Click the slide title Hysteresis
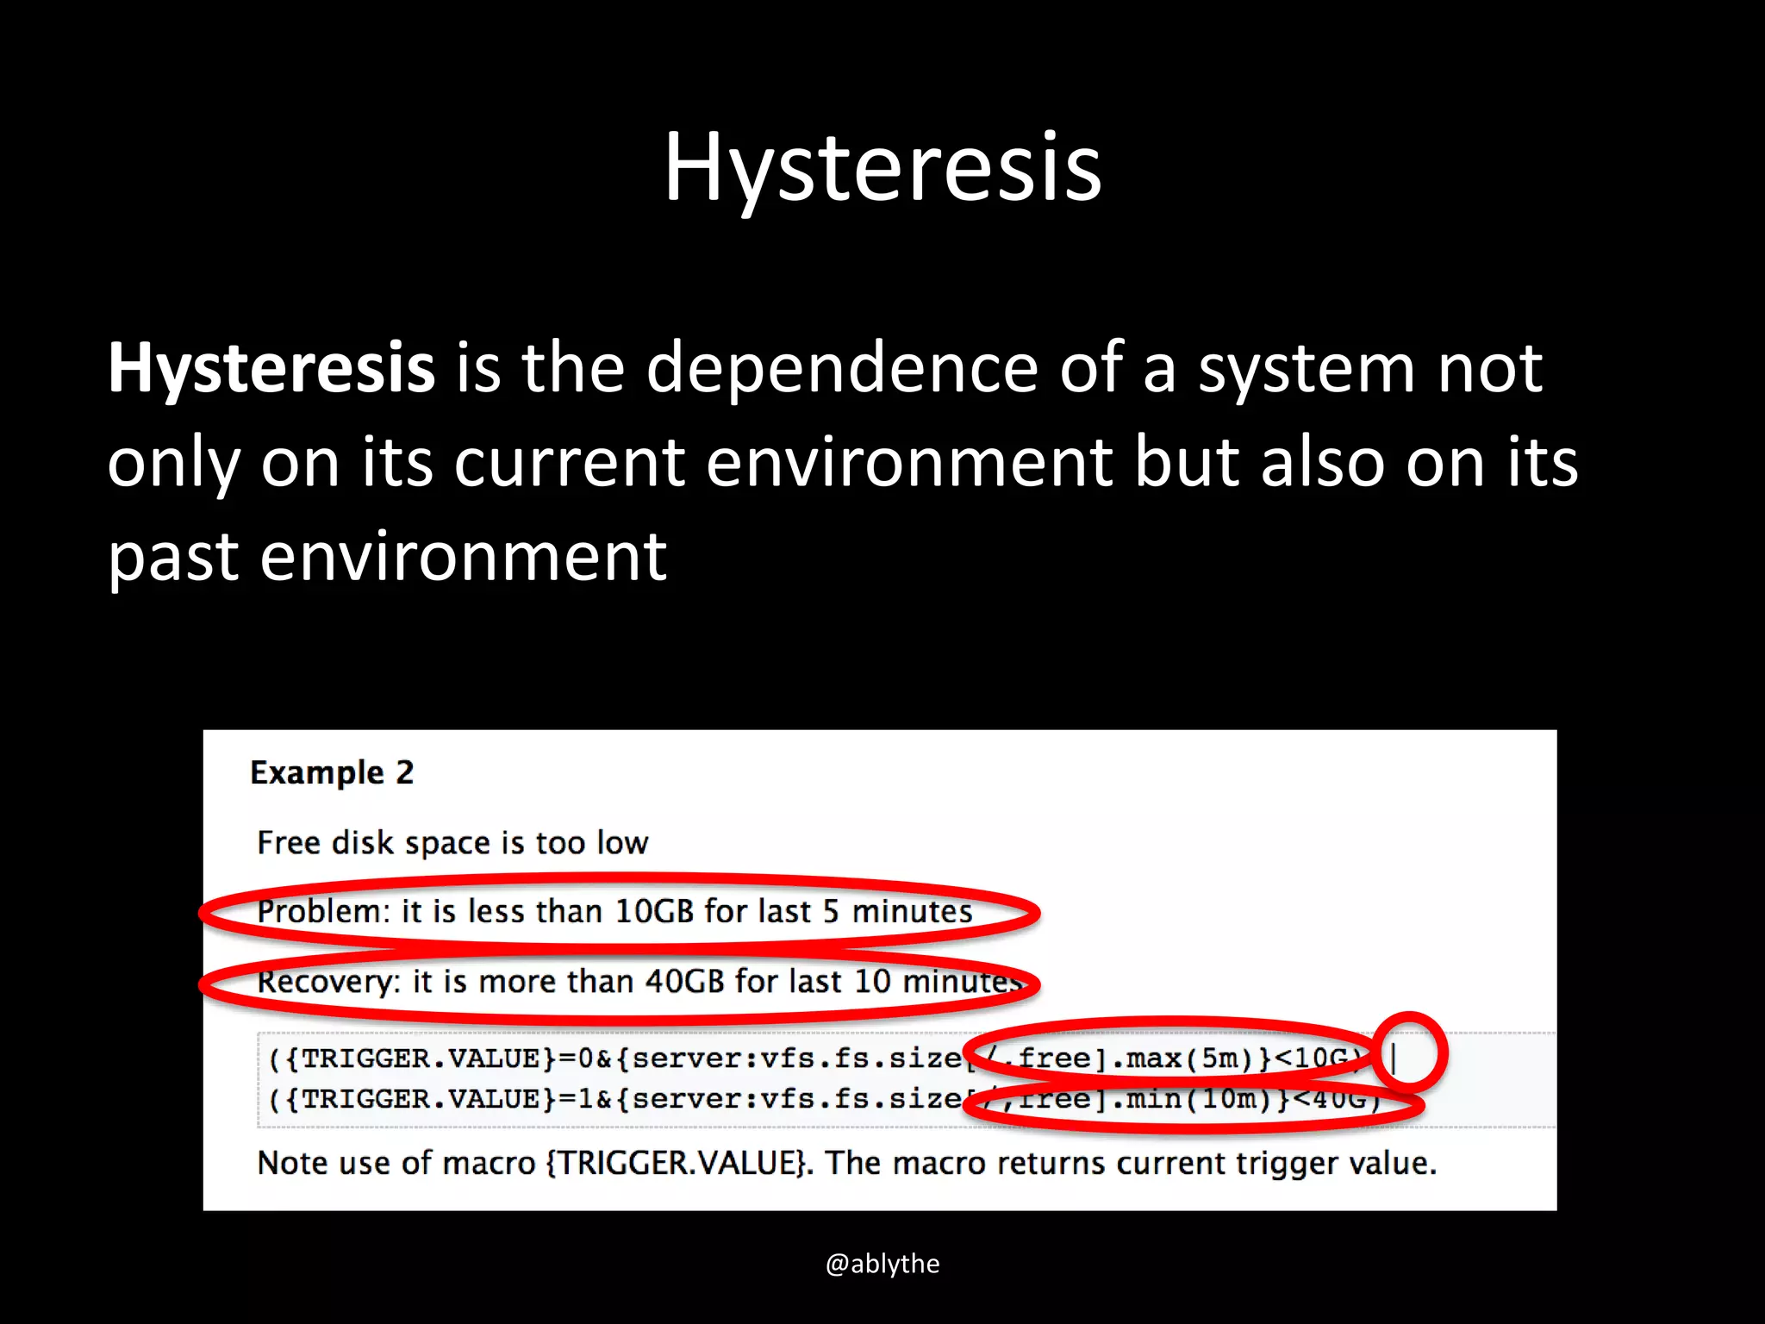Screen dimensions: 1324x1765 tap(882, 167)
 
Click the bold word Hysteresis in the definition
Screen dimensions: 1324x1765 tap(271, 368)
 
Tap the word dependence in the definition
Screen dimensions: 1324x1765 tap(842, 368)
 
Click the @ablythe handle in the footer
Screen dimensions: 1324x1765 tap(882, 1264)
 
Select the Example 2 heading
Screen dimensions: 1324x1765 tap(332, 773)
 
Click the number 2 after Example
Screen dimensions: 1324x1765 tap(405, 772)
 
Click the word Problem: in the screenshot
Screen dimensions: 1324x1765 tap(323, 912)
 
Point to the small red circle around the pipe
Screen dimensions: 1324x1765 tap(1409, 1052)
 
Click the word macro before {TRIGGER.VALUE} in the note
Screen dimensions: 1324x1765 tap(489, 1164)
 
